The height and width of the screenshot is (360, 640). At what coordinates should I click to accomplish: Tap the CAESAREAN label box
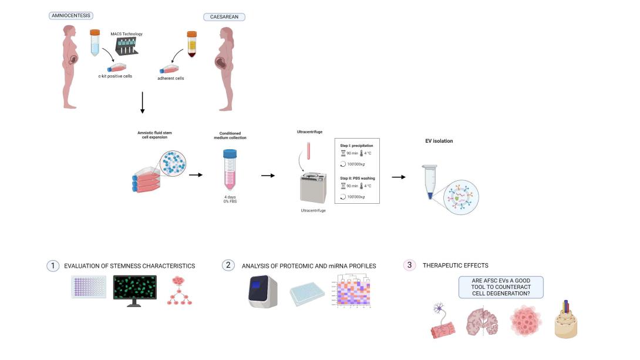pyautogui.click(x=224, y=17)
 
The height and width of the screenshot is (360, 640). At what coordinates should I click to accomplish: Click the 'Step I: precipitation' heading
pyautogui.click(x=356, y=144)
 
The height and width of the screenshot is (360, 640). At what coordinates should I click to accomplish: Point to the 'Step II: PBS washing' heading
pyautogui.click(x=356, y=177)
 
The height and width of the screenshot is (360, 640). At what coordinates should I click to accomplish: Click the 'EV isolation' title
pyautogui.click(x=439, y=141)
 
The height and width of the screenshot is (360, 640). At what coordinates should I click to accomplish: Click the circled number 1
pyautogui.click(x=53, y=265)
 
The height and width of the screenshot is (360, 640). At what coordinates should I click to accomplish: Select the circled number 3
pyautogui.click(x=409, y=265)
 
